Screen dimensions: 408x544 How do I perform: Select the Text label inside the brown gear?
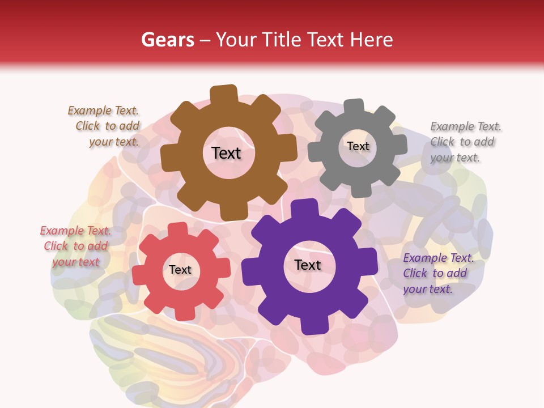click(226, 153)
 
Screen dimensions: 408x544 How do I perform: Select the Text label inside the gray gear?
click(358, 146)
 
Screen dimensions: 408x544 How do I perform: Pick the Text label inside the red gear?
click(180, 270)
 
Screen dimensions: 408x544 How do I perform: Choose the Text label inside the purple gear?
click(308, 265)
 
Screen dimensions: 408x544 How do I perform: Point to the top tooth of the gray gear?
click(354, 107)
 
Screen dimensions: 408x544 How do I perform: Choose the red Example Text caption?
click(76, 246)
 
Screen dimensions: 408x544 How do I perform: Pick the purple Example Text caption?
click(437, 274)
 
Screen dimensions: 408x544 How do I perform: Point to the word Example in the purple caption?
click(424, 258)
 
